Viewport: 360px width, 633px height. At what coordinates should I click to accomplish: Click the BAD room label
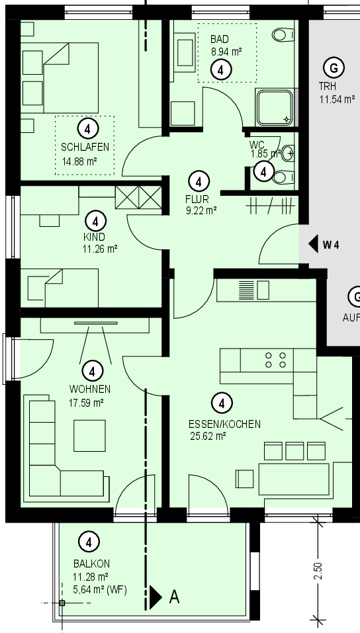pos(220,39)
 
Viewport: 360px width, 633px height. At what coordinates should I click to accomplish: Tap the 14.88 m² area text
pos(79,162)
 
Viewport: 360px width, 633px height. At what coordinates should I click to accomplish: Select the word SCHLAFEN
pos(85,147)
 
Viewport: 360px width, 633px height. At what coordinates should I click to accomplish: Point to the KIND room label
pos(94,237)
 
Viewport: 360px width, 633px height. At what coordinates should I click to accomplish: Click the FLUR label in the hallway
pos(197,199)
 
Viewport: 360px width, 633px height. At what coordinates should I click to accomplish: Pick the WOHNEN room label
pos(90,389)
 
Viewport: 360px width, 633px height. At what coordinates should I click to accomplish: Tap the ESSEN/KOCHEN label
pos(224,424)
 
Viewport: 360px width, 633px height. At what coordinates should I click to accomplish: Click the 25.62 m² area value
pos(208,436)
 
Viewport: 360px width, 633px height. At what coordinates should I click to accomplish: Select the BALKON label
pos(92,564)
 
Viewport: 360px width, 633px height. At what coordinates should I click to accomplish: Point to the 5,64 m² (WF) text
pos(100,590)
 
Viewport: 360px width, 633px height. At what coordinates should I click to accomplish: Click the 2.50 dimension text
pos(318,571)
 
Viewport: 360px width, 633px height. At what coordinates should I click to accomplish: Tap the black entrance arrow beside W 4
pos(313,244)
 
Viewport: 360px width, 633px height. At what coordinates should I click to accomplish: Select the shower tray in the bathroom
pos(275,108)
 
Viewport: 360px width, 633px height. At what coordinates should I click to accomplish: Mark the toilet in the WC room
pos(283,177)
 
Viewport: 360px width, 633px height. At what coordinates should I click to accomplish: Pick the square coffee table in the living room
pos(89,436)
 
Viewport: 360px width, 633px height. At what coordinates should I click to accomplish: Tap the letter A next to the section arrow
pos(174,596)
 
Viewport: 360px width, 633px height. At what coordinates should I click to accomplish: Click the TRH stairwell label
pos(328,86)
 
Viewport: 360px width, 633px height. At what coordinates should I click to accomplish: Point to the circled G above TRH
pos(334,68)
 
